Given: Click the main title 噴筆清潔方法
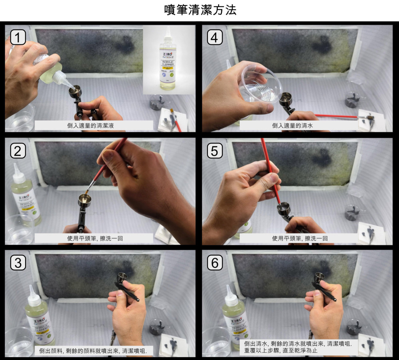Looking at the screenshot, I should point(200,10).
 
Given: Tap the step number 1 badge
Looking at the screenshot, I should point(18,38).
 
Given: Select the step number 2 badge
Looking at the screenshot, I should point(18,151).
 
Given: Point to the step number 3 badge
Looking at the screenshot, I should point(18,263).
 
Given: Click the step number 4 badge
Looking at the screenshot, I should point(215,38).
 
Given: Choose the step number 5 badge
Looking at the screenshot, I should point(215,151).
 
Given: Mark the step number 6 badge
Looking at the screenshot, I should point(215,263).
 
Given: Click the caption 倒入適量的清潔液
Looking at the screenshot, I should point(94,125).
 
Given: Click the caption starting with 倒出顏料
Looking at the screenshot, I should point(94,351).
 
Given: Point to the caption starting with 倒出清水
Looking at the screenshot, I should point(298,346).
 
